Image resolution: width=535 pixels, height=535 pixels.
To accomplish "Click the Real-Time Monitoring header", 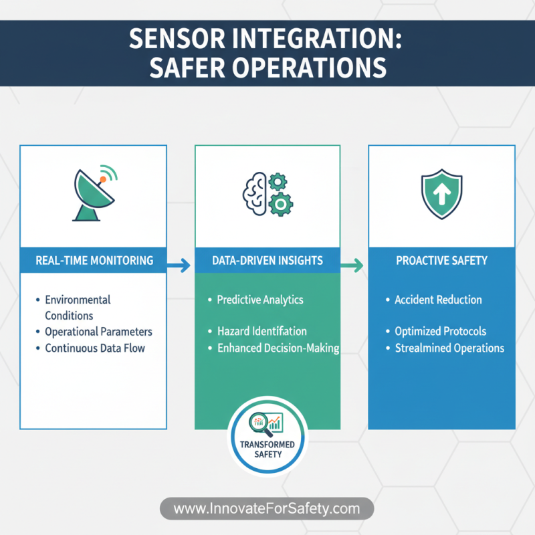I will click(x=94, y=260).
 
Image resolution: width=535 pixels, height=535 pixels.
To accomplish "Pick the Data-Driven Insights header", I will click(x=267, y=260).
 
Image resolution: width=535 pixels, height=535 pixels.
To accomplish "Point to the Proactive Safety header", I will click(x=441, y=260).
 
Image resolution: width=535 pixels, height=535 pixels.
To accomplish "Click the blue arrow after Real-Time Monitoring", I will click(x=179, y=266).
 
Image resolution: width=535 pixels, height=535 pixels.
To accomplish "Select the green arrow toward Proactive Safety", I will click(x=352, y=266).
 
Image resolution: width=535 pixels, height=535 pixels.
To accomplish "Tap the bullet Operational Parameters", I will click(x=98, y=332).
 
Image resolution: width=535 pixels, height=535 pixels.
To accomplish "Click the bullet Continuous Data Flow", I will click(x=94, y=348).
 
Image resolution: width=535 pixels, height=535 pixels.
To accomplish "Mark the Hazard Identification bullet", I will click(x=261, y=331).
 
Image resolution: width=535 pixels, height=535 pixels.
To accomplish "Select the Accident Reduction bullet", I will click(x=437, y=300).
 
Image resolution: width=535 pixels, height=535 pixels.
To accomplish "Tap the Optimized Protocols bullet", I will click(x=440, y=331).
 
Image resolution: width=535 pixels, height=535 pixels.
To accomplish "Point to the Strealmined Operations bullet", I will click(x=449, y=348).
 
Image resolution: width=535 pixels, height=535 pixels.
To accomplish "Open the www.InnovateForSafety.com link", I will click(x=267, y=509).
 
